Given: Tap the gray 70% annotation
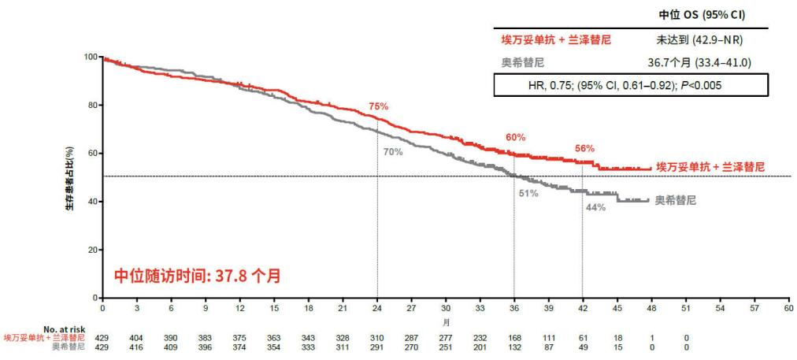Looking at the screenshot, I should click(392, 151).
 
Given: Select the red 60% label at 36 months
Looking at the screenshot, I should click(515, 137).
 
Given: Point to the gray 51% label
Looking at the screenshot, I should click(528, 193).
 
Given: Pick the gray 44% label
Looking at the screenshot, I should click(595, 207).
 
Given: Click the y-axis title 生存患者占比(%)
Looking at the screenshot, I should click(71, 178).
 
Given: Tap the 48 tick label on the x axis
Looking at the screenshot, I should click(652, 309).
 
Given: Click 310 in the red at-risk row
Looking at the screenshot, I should click(377, 337).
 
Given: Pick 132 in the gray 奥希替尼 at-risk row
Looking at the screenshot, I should click(515, 346).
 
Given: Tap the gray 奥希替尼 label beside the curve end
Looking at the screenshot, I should click(675, 200).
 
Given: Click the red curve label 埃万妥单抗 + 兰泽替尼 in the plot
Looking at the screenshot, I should click(710, 168).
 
